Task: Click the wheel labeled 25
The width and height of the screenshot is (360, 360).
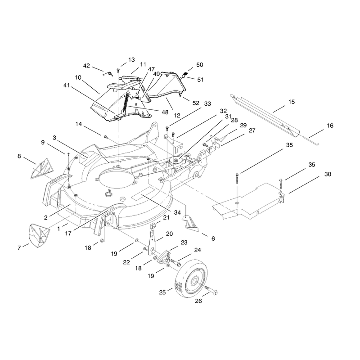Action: coord(191,279)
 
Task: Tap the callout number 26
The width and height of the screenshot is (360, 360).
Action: coord(198,301)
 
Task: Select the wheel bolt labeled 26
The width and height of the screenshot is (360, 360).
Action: coord(211,290)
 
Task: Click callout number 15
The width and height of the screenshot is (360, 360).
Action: coord(291,102)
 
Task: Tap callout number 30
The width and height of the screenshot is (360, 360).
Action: coord(328,174)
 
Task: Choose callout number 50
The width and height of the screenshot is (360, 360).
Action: coord(199,65)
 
